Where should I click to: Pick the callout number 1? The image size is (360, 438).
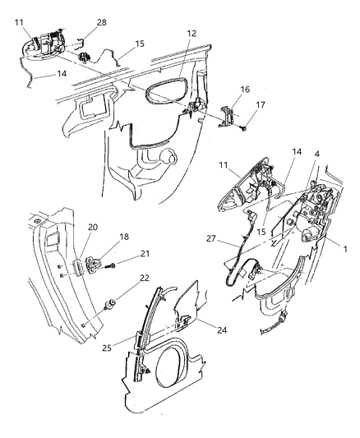pos(346,249)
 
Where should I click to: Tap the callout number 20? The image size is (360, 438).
pos(93,228)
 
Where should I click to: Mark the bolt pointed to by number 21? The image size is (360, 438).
pos(116,266)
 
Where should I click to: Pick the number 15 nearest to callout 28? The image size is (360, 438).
pos(139,43)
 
